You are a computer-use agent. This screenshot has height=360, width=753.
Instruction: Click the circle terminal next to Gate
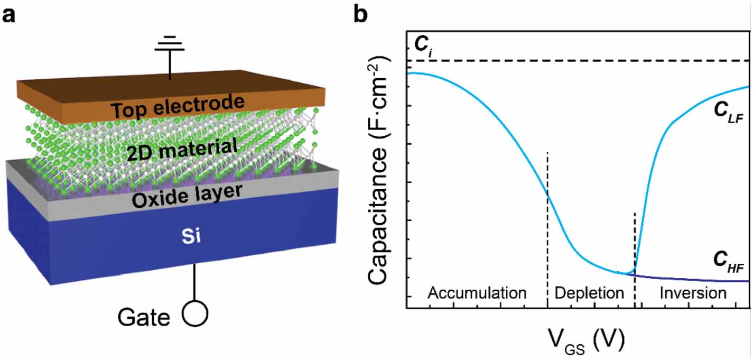(x=194, y=315)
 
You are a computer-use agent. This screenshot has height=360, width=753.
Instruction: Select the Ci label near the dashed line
(x=421, y=45)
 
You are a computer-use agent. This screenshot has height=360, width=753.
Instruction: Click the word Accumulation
(x=477, y=292)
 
